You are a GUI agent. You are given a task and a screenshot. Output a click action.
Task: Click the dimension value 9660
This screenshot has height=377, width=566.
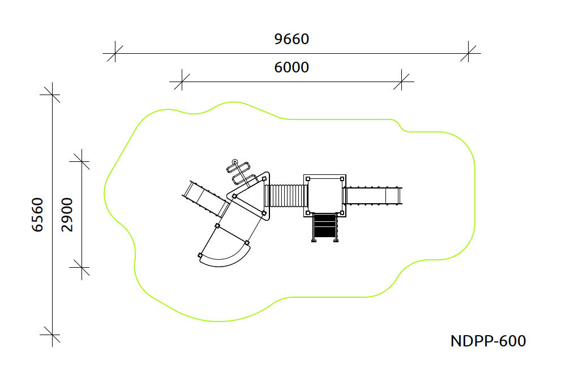pyautogui.click(x=291, y=39)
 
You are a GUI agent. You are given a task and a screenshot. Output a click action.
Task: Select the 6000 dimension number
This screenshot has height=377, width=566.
pyautogui.click(x=291, y=67)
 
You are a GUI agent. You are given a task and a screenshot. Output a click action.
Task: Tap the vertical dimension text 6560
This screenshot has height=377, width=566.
pyautogui.click(x=37, y=215)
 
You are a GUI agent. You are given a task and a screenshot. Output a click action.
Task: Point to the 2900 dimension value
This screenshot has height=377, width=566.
pyautogui.click(x=67, y=215)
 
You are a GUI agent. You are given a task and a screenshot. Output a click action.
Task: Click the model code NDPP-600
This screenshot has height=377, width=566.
pyautogui.click(x=488, y=341)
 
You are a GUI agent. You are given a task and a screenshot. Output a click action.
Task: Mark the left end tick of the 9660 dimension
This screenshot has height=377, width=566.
pyautogui.click(x=115, y=53)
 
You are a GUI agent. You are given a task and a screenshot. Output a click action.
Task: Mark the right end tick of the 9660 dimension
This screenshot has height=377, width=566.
pyautogui.click(x=468, y=53)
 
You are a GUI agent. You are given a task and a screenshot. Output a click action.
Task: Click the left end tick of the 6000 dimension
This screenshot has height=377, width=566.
pyautogui.click(x=182, y=82)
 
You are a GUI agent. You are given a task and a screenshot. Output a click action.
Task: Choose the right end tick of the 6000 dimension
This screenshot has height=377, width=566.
pyautogui.click(x=401, y=82)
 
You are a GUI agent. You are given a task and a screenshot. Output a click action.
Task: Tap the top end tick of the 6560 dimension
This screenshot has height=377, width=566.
pyautogui.click(x=52, y=95)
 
